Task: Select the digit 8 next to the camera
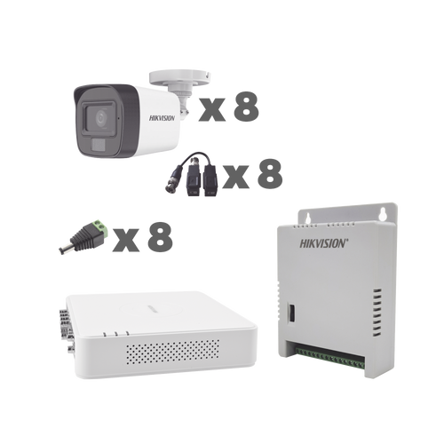(x=242, y=107)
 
